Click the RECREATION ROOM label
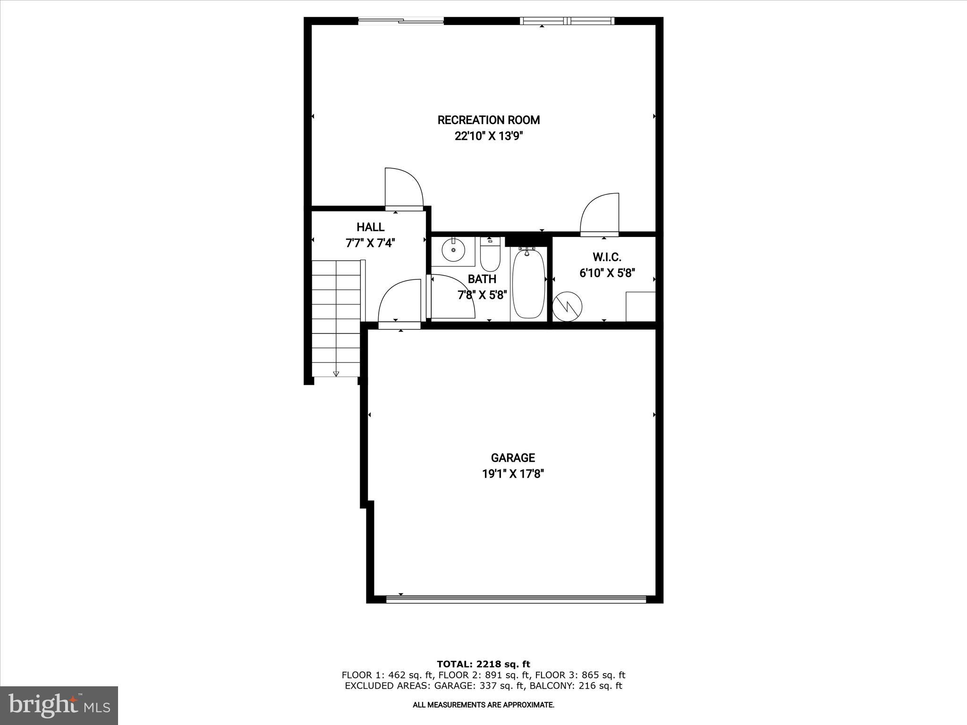489,120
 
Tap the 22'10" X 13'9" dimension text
489,136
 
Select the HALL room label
370,227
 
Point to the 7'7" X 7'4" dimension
370,244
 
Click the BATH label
482,279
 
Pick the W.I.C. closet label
607,257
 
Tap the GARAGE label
513,458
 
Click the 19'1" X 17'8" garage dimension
513,474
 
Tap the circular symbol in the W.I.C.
568,307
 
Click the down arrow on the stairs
336,373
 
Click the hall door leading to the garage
399,302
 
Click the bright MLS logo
59,706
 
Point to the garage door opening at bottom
516,599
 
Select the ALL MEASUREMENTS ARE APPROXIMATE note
483,705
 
